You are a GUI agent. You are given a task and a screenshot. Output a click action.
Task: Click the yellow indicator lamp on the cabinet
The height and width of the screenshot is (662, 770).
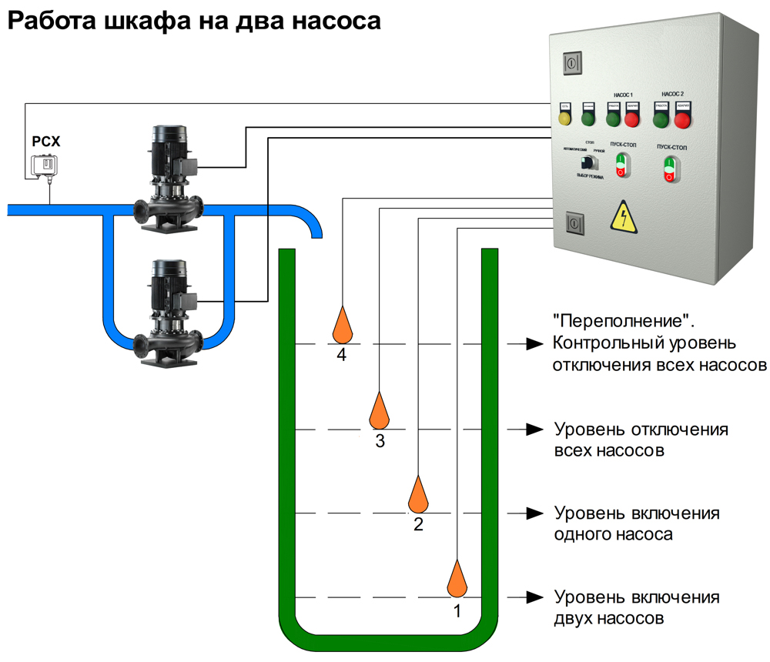pos(565,119)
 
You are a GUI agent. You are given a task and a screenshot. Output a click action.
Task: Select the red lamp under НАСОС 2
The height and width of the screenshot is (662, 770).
pos(682,120)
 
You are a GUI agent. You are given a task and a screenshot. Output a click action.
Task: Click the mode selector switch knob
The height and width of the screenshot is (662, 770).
pos(589,163)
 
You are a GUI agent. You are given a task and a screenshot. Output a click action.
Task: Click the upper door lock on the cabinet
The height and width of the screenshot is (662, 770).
pos(571,62)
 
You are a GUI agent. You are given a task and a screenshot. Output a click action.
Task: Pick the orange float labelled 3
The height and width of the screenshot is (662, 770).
pos(379,411)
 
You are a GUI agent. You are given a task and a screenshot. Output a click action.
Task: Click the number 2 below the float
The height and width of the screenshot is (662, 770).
pos(418,526)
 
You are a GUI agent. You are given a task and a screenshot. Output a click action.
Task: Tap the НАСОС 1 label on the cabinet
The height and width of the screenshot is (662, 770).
pos(621,93)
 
